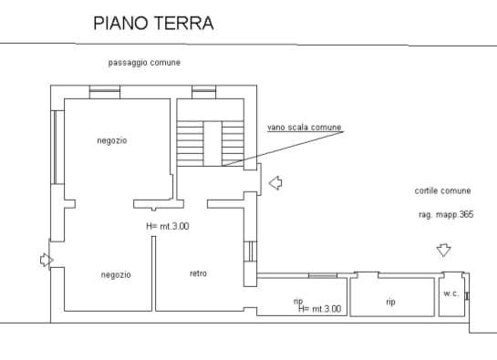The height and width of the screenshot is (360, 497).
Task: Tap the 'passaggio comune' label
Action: tap(143, 62)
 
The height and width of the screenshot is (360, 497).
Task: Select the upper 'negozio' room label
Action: tap(112, 140)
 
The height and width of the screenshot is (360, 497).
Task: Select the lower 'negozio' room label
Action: tap(116, 274)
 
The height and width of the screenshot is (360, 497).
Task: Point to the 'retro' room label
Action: tap(199, 273)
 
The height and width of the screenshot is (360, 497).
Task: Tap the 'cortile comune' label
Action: tap(442, 190)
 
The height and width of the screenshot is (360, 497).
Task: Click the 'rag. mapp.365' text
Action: tap(446, 214)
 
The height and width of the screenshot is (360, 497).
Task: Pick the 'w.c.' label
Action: tap(450, 293)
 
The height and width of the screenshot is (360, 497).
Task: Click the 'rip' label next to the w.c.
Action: tap(390, 302)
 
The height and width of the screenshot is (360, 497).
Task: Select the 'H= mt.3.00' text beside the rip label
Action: tap(319, 309)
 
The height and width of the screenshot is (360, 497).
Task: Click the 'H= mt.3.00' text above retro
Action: tap(167, 226)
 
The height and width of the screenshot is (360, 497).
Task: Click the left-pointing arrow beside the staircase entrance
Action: tap(275, 184)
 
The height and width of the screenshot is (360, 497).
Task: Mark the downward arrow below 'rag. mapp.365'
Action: tap(444, 250)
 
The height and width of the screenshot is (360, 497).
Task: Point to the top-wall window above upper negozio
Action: tap(105, 89)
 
